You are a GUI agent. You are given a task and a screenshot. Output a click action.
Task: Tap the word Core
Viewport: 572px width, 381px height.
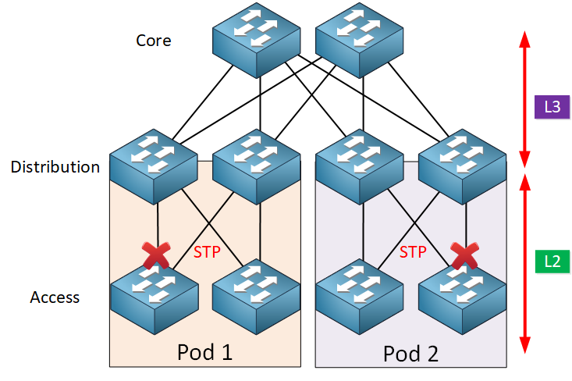(x=154, y=40)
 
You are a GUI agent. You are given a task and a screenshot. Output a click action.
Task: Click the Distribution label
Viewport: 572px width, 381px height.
(x=55, y=166)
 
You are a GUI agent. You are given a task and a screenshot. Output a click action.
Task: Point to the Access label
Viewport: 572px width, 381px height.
(x=55, y=297)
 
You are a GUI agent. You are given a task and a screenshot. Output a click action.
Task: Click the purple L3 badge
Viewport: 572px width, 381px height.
(x=551, y=107)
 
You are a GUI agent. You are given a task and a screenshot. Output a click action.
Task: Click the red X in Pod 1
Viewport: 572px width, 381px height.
(x=158, y=255)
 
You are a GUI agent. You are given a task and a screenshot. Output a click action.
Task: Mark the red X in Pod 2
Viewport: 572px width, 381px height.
(x=466, y=254)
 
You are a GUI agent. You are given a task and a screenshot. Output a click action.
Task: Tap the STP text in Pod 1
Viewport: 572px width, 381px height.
(x=208, y=251)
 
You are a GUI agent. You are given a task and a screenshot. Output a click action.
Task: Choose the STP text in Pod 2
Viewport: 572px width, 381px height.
(x=414, y=251)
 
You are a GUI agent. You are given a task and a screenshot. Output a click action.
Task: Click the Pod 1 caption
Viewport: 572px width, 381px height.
(x=205, y=351)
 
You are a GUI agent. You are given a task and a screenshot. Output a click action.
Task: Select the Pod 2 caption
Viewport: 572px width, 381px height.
(x=411, y=353)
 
